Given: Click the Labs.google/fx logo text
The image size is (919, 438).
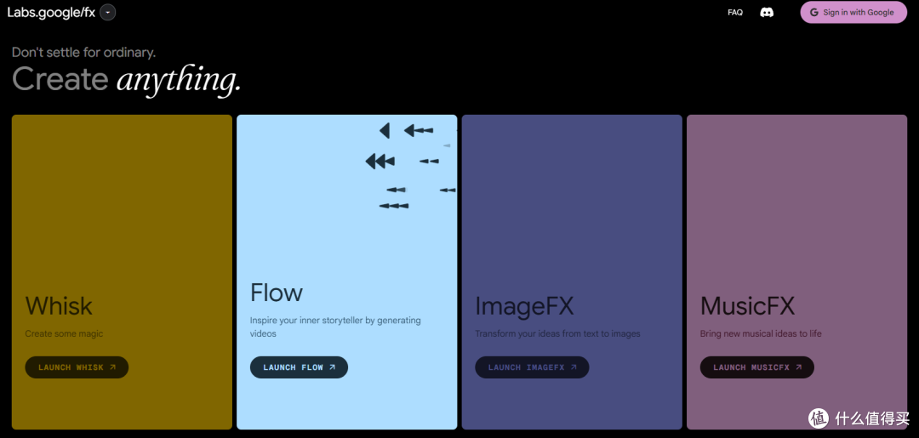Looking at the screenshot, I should [x=51, y=12].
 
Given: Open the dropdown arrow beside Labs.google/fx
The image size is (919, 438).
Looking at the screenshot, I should [x=107, y=12].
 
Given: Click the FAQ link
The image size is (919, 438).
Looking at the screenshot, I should [x=735, y=13].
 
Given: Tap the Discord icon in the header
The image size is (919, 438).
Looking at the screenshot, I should [x=767, y=13].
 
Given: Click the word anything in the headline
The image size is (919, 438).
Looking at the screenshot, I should [x=179, y=80].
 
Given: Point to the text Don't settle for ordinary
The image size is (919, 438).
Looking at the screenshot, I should [x=83, y=53].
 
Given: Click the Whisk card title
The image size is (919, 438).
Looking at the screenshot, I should [x=59, y=305].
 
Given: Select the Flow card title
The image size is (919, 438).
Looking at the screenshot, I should [x=277, y=293].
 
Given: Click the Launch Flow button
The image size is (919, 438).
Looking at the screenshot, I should [x=299, y=367].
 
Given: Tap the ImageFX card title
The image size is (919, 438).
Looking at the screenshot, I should [x=524, y=305].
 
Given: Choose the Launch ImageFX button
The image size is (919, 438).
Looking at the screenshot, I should [x=532, y=367].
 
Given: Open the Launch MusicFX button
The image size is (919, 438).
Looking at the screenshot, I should [x=756, y=367].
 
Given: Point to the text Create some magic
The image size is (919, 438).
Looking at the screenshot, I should [x=64, y=333].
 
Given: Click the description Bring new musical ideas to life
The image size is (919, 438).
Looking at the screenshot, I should [x=761, y=333].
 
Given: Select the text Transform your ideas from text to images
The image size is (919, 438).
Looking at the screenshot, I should [x=557, y=333].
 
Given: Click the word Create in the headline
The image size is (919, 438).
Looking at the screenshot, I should [x=60, y=80].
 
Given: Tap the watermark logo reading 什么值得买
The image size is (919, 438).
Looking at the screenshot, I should [x=859, y=418].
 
